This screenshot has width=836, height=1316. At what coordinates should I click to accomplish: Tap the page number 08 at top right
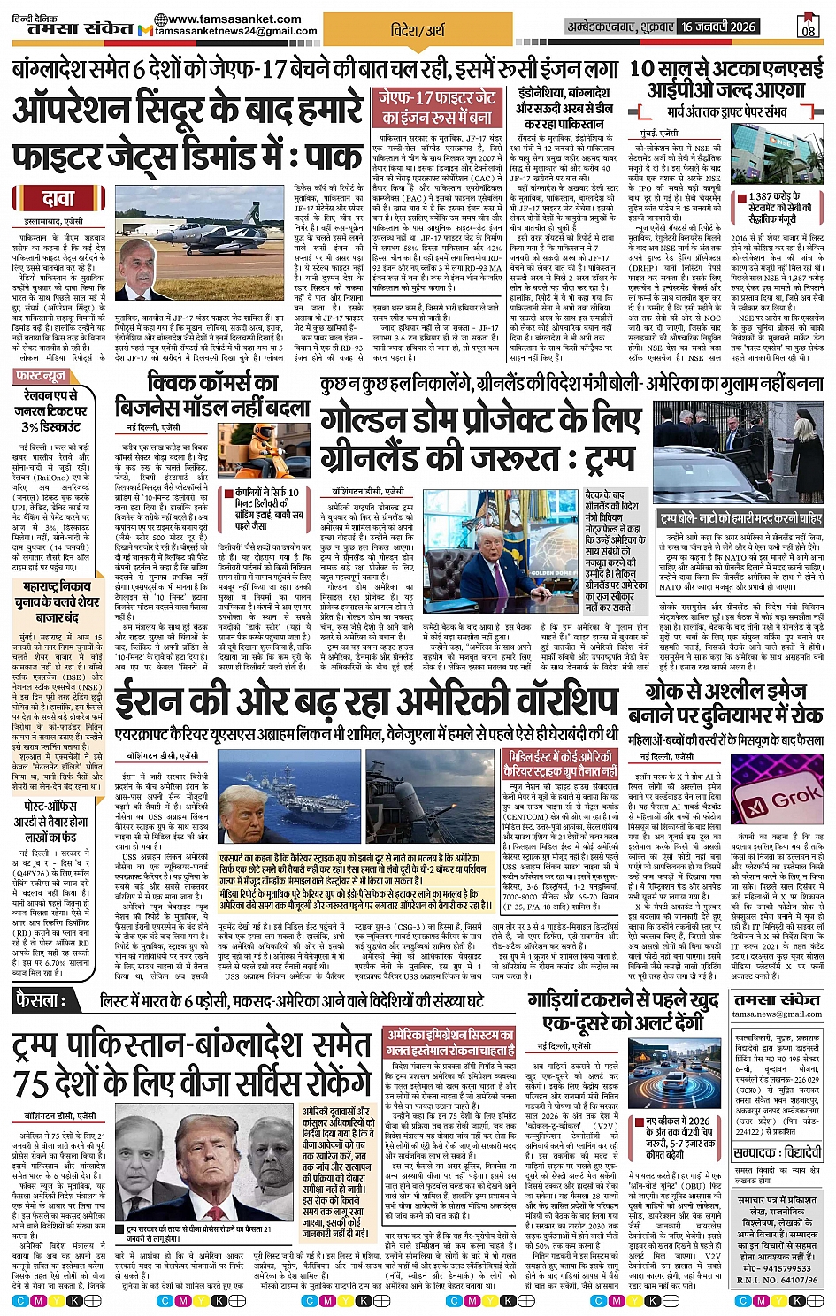pos(808,28)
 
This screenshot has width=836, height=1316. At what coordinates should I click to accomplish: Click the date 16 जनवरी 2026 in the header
pos(718,27)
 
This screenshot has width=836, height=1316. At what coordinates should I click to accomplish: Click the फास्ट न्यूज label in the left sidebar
pos(42,376)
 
